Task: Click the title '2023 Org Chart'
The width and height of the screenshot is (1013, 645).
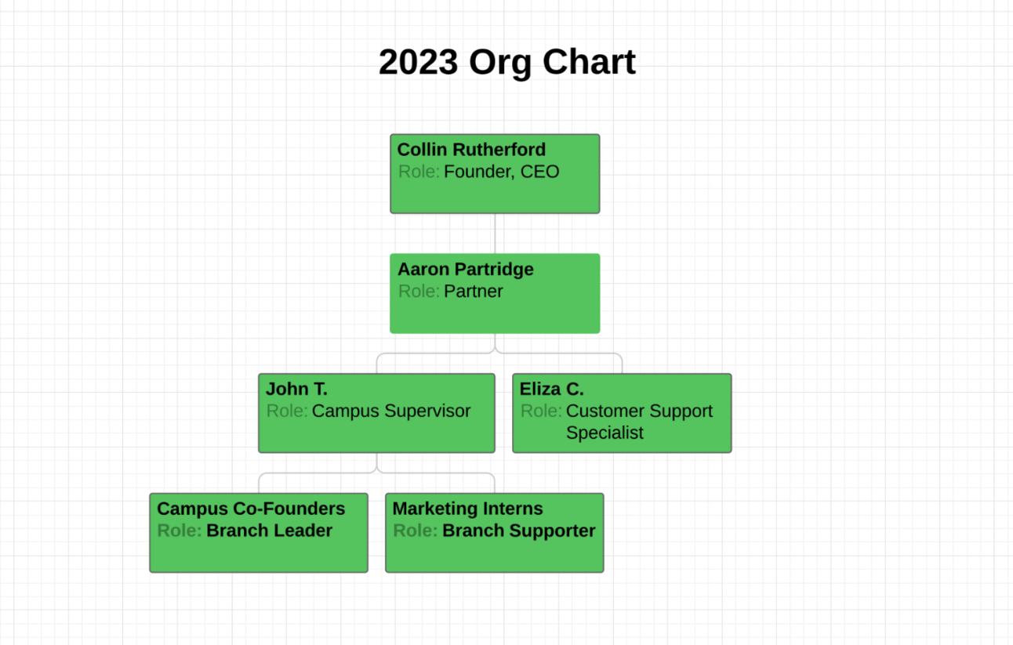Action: click(x=506, y=62)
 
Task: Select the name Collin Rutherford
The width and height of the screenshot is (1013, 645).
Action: click(x=471, y=150)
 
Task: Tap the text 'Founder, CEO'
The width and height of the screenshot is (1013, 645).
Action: click(x=501, y=172)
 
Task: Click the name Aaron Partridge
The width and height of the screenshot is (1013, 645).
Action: click(x=465, y=270)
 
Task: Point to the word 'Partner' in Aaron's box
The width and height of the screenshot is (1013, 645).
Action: click(x=473, y=292)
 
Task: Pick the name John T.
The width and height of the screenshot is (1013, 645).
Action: click(x=296, y=389)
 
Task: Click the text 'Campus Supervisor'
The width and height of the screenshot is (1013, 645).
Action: click(x=390, y=411)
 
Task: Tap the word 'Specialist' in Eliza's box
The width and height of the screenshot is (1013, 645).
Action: click(x=605, y=433)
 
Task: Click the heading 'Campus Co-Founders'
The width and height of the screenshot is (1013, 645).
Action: click(x=251, y=509)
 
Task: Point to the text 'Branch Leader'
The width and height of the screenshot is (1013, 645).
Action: click(x=269, y=531)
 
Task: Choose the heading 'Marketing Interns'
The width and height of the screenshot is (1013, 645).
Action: click(x=467, y=509)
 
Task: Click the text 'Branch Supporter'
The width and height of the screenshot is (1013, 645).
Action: click(x=518, y=531)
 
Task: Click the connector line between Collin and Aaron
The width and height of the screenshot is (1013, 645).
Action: click(x=495, y=234)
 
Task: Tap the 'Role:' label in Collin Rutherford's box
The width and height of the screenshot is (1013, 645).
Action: click(x=419, y=172)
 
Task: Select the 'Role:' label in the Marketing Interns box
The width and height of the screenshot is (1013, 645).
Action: click(x=415, y=531)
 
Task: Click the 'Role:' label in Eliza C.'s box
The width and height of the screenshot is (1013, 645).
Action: click(x=541, y=411)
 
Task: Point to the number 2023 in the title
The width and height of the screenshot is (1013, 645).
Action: click(x=418, y=62)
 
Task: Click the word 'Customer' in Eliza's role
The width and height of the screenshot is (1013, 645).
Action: click(x=600, y=411)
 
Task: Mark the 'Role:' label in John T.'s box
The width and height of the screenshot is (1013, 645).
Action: click(x=287, y=411)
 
